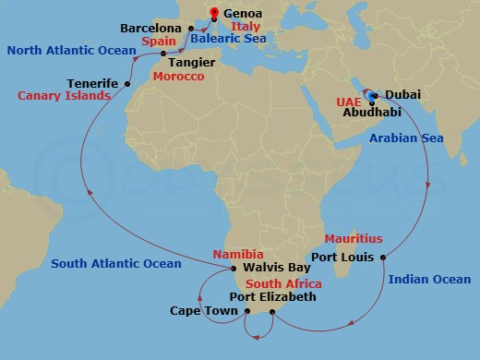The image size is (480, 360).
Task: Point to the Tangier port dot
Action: coord(163,54)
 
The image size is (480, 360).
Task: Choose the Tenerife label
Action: coord(92,83)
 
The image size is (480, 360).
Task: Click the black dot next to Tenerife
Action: coord(126,83)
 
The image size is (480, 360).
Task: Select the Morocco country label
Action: coord(179,76)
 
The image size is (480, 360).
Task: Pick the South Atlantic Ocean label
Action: coord(116,264)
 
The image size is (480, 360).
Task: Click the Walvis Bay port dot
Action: coord(234,269)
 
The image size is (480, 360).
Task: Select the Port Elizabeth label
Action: coord(272,297)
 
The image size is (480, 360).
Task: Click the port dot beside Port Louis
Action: coord(382,257)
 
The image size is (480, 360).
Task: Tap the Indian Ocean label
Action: coord(429,279)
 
